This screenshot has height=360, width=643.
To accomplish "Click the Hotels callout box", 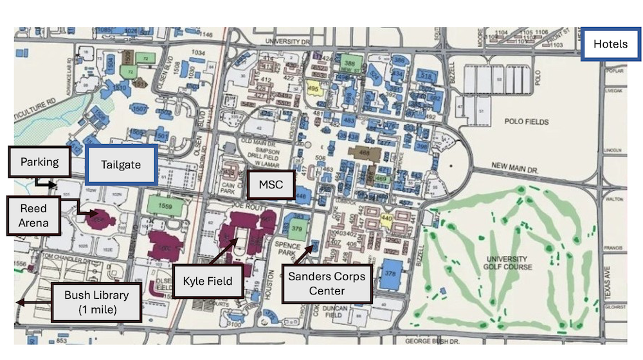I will tap(610, 44).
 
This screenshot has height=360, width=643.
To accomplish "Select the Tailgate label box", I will tap(121, 165).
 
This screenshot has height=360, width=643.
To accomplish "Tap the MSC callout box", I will tap(271, 184).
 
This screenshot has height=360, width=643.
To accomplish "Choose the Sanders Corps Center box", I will tap(327, 283).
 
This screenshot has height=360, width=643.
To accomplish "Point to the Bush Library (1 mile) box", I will tap(96, 303).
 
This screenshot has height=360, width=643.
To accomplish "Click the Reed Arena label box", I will tap(33, 216).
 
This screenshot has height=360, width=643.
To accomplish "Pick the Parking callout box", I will tap(39, 162).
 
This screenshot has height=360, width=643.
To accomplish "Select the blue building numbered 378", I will tap(389, 274).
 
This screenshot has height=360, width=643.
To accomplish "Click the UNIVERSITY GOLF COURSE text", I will tap(507, 262).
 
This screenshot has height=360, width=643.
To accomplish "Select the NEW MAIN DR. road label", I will tap(515, 167).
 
